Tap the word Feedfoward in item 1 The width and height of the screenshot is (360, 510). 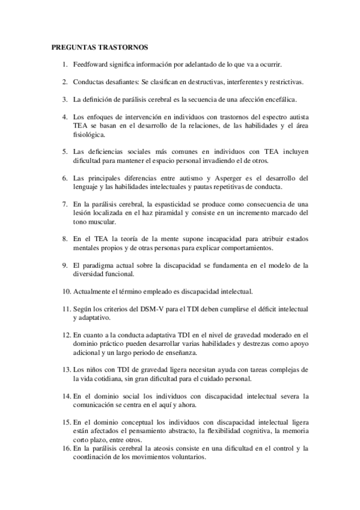[x=91, y=64]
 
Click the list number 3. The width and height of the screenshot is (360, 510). [x=64, y=99]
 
